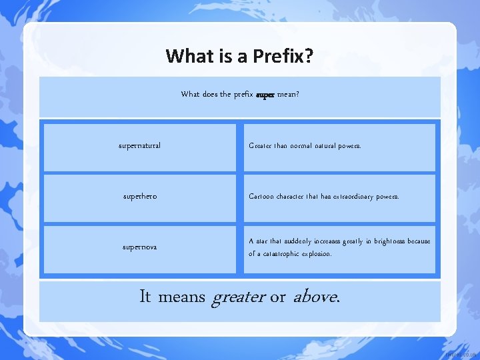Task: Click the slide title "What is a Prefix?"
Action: (x=240, y=55)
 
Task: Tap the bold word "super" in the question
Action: (x=265, y=95)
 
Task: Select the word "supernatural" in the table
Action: (x=139, y=145)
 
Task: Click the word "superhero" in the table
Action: (x=140, y=197)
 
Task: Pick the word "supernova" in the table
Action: (x=140, y=247)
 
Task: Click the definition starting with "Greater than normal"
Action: (x=305, y=145)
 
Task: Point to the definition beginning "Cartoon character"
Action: (x=323, y=197)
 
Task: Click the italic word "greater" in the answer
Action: (x=238, y=297)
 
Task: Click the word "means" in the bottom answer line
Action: (x=182, y=297)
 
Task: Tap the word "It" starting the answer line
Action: (x=145, y=297)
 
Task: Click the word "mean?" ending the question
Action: (x=288, y=95)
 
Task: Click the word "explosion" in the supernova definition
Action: (x=317, y=254)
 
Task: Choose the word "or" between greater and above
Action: (x=277, y=297)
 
